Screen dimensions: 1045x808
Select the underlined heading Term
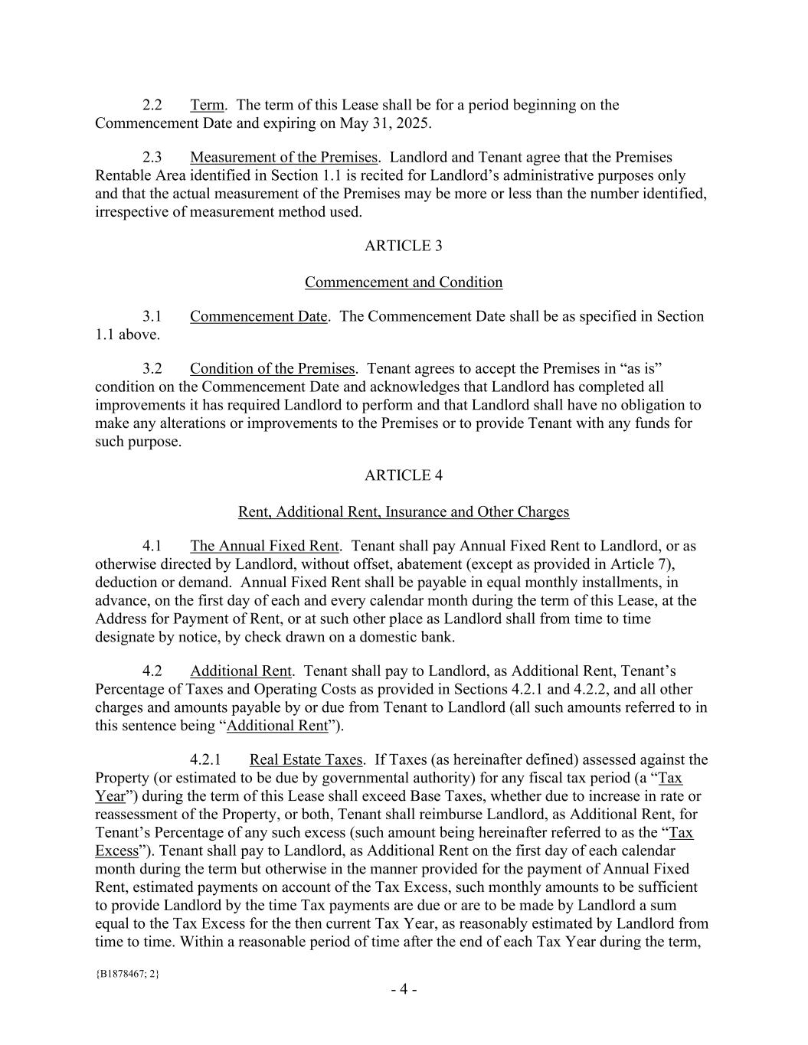tap(207, 105)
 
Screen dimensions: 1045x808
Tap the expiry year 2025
tap(413, 123)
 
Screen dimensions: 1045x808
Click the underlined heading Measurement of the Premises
tap(283, 158)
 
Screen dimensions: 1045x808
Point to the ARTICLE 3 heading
tap(404, 246)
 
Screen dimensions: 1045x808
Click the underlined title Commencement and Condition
tap(404, 282)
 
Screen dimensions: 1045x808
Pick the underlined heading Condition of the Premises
tap(272, 369)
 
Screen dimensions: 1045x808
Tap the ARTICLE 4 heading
tap(404, 475)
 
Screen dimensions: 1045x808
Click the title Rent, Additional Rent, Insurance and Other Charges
tap(404, 512)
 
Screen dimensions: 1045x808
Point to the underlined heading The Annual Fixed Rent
tap(264, 547)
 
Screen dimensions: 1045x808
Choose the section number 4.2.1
tap(205, 760)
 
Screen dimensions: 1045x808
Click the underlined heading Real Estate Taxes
tap(306, 760)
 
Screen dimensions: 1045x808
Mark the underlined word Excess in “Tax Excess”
tap(117, 851)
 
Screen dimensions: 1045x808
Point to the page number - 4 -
tap(404, 990)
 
